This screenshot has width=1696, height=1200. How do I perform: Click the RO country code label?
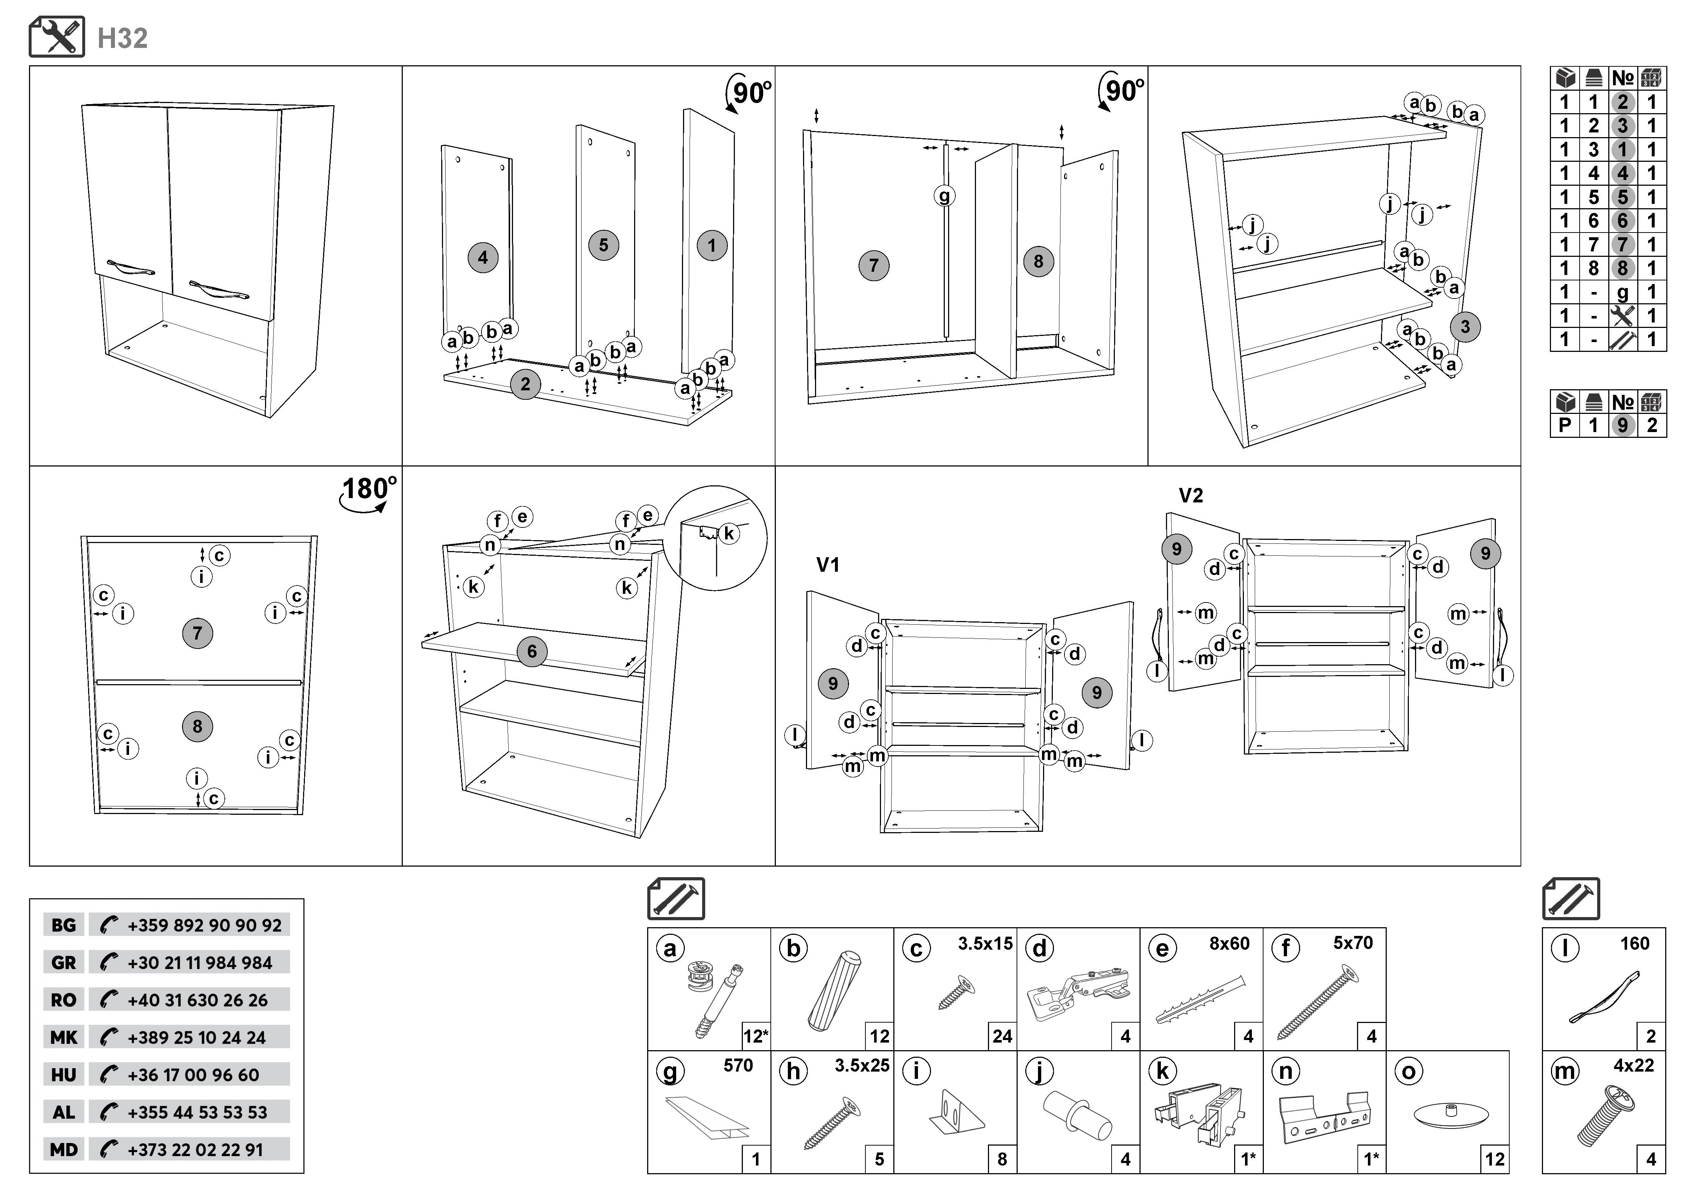[x=63, y=1000]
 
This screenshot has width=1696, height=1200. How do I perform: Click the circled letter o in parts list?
[x=1408, y=1072]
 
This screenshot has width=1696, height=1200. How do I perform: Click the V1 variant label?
[x=827, y=565]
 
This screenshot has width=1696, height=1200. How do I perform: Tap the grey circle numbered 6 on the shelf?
[x=532, y=652]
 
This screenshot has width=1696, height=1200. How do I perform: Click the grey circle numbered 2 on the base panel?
[x=525, y=384]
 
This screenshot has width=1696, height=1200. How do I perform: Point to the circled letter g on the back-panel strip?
[x=944, y=196]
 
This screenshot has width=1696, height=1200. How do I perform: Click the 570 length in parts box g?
[x=738, y=1065]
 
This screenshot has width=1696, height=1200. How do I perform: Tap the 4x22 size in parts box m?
[x=1633, y=1065]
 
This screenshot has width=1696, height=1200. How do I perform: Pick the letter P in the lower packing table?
[x=1564, y=426]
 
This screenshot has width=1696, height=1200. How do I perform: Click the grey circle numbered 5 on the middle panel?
[x=604, y=245]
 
